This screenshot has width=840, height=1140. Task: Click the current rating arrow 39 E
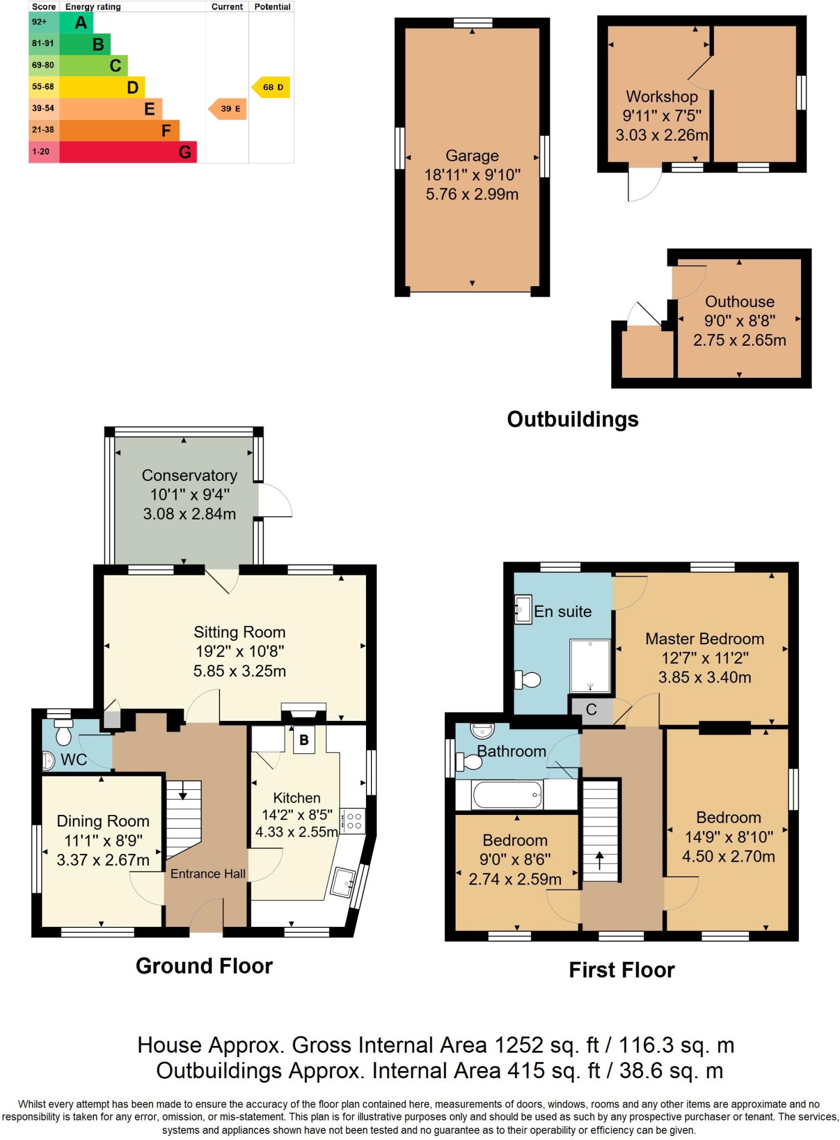(228, 109)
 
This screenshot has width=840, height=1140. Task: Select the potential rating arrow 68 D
(271, 87)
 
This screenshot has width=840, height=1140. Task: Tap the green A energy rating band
(76, 23)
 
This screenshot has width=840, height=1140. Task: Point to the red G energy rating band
(128, 152)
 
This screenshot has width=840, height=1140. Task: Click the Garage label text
(472, 156)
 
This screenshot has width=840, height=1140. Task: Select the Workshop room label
(662, 97)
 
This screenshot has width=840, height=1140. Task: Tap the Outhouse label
(739, 302)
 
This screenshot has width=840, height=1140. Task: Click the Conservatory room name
(189, 475)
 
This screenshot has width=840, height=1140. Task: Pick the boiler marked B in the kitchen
(304, 740)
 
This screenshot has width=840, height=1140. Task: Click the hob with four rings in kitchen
(353, 820)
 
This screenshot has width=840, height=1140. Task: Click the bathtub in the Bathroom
(507, 794)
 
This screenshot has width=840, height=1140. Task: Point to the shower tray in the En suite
(589, 665)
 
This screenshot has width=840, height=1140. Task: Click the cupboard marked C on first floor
(590, 710)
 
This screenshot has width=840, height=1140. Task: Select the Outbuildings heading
(572, 419)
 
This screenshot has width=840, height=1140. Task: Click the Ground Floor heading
(204, 966)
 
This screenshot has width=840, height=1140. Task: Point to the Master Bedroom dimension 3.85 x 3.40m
(704, 677)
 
